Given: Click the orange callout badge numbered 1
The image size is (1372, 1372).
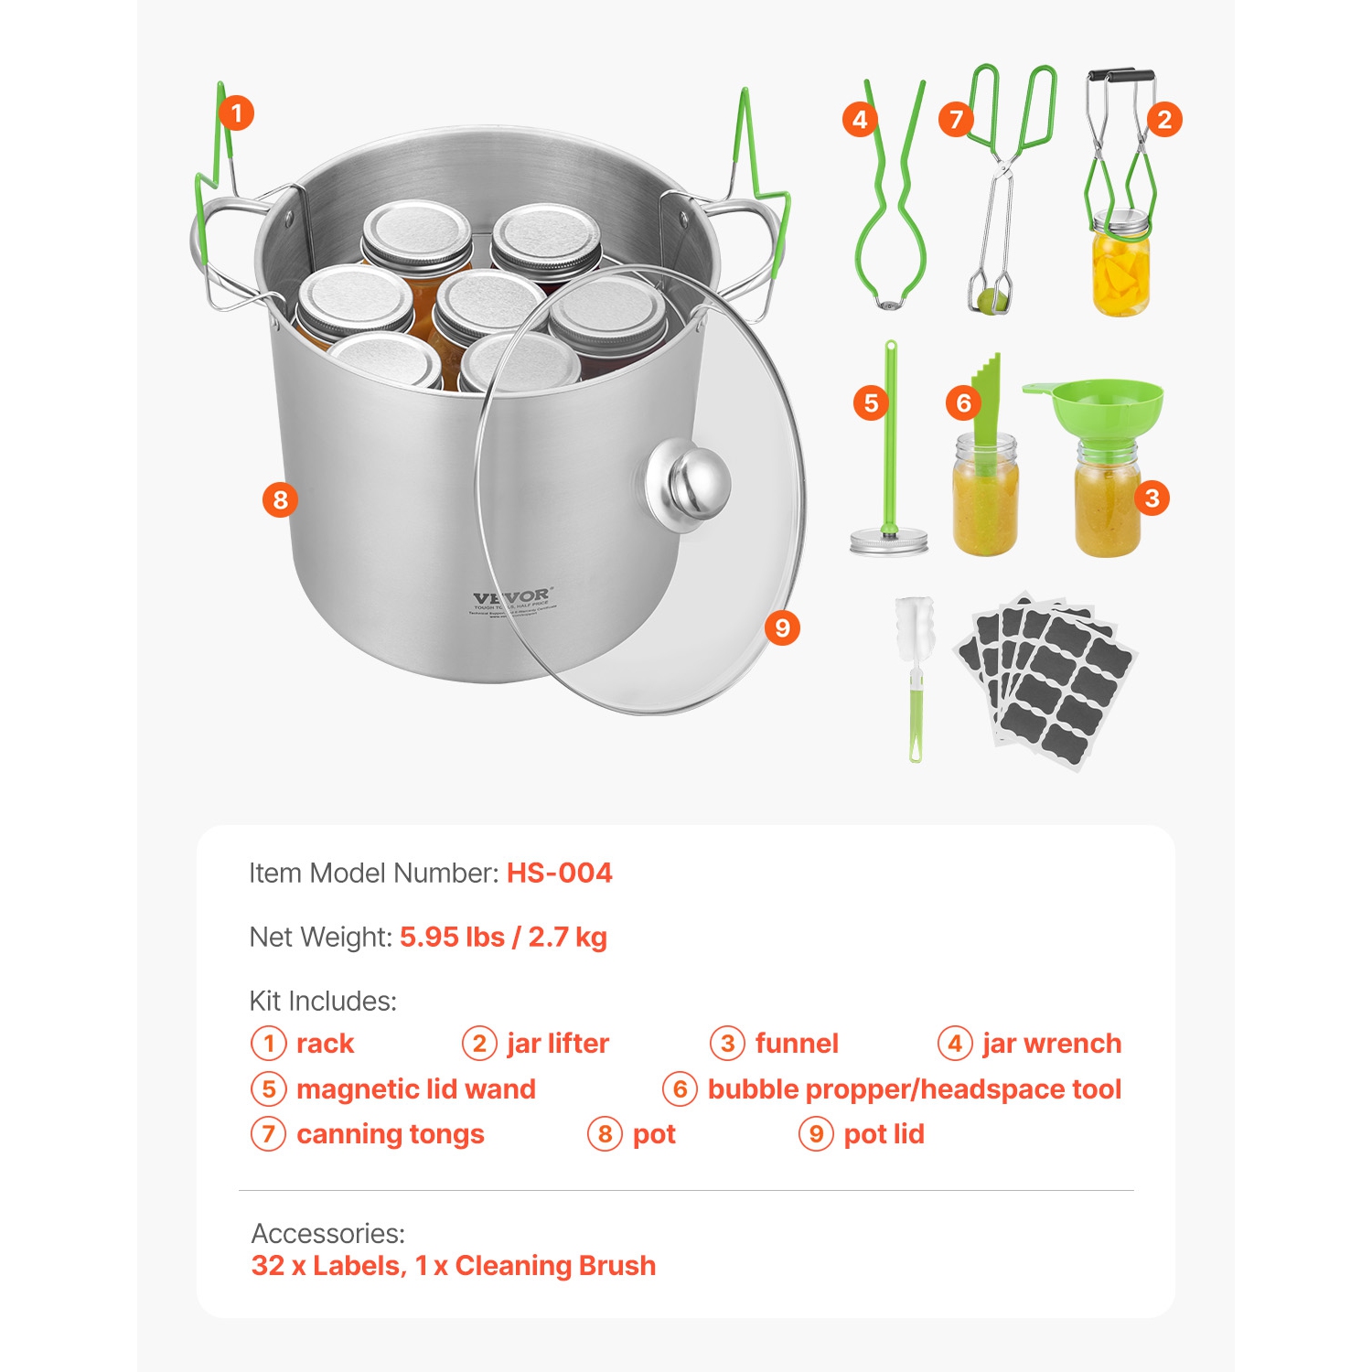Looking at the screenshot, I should tap(236, 113).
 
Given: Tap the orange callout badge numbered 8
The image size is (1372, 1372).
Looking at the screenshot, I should tap(280, 499).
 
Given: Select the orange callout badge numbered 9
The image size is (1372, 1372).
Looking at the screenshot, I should tap(782, 627).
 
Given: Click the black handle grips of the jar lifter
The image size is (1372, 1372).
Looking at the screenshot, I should tap(1121, 77).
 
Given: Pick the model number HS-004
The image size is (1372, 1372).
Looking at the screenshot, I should tap(560, 873).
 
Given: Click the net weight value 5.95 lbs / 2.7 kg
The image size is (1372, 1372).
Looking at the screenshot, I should tap(503, 937).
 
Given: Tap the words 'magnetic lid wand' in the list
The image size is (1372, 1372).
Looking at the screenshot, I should tap(416, 1088).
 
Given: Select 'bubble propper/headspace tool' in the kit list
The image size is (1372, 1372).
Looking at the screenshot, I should tap(915, 1088).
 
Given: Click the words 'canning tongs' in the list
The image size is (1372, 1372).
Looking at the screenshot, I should tap(391, 1134).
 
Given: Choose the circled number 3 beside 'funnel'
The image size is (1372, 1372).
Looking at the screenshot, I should tap(727, 1044).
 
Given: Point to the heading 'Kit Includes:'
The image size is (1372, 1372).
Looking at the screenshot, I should tap(323, 1001).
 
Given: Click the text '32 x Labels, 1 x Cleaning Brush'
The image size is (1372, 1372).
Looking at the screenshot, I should tap(454, 1265).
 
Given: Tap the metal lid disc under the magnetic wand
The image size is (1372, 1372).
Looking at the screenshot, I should tap(888, 541).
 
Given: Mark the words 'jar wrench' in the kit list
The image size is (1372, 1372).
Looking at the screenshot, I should tap(1052, 1044).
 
